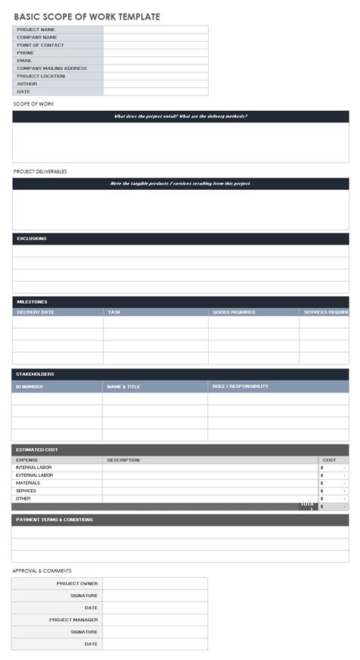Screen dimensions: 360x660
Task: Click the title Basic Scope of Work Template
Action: point(87,16)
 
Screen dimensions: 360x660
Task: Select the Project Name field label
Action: point(36,30)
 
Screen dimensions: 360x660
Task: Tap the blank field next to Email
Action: point(155,61)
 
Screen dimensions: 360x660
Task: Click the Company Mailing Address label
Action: point(52,68)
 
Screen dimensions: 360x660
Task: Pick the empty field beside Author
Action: point(155,84)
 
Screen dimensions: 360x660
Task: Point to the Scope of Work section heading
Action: point(33,103)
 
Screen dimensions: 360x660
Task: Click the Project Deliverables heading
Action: point(39,172)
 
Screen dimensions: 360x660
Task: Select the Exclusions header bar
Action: point(180,238)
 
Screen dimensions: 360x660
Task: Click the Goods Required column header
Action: point(233,312)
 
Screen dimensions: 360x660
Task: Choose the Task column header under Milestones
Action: point(114,312)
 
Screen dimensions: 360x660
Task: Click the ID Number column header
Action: point(30,387)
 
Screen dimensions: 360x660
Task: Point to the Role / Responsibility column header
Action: point(240,387)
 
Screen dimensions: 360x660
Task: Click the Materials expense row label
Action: point(28,483)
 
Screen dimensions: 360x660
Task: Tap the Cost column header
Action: point(330,460)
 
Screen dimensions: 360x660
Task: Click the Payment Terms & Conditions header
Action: point(54,520)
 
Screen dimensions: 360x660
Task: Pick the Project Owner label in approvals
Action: point(77,584)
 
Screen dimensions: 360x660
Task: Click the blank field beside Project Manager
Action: point(155,620)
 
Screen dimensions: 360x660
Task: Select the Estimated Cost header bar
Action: point(180,450)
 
